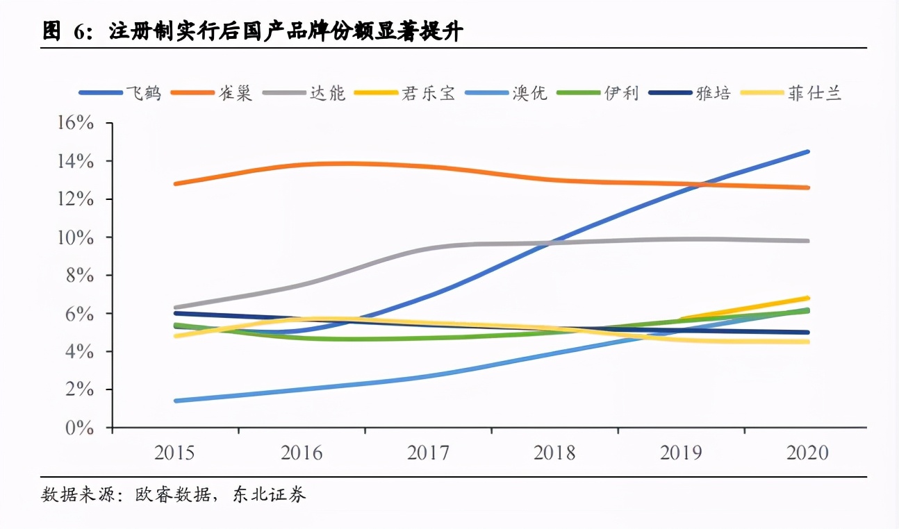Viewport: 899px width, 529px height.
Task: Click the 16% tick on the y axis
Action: pyautogui.click(x=79, y=124)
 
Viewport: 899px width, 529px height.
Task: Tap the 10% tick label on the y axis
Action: pyautogui.click(x=79, y=237)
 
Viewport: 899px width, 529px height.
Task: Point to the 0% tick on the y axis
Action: pyautogui.click(x=79, y=428)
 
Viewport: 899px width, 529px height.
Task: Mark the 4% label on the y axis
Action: pyautogui.click(x=79, y=352)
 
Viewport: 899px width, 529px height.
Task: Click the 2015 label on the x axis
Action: pyautogui.click(x=175, y=453)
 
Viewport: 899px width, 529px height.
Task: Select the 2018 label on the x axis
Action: pyautogui.click(x=554, y=453)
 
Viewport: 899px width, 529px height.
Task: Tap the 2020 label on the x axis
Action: pyautogui.click(x=807, y=453)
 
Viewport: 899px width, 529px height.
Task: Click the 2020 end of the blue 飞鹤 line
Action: pyautogui.click(x=808, y=151)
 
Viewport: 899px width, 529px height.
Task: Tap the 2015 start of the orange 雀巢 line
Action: pyautogui.click(x=175, y=184)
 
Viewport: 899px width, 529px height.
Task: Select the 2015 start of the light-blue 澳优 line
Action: pyautogui.click(x=175, y=401)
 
